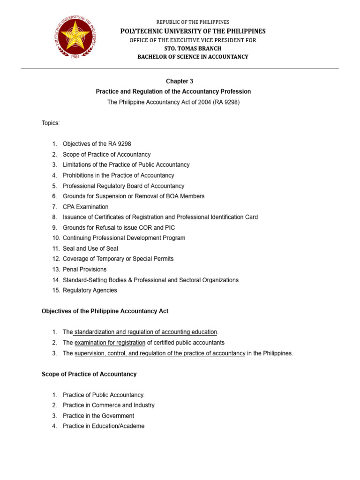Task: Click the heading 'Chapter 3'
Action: point(180,81)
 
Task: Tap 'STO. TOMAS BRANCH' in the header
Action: point(193,48)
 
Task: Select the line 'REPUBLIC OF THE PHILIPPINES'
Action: point(193,22)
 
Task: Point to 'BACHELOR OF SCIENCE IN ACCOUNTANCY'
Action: point(193,57)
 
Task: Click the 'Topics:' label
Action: point(51,123)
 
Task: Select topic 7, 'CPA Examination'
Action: point(85,207)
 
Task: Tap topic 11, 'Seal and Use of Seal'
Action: point(90,248)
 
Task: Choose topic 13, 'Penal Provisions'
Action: point(84,270)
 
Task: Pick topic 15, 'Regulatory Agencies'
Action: point(90,290)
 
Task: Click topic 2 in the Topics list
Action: point(106,154)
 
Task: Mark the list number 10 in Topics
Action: point(56,238)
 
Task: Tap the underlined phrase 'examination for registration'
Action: point(110,343)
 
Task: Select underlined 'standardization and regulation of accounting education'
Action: point(145,332)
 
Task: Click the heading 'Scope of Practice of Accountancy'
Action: point(89,374)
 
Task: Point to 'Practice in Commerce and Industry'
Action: point(108,405)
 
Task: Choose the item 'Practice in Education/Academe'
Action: point(104,426)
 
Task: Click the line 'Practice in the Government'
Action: point(98,416)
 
